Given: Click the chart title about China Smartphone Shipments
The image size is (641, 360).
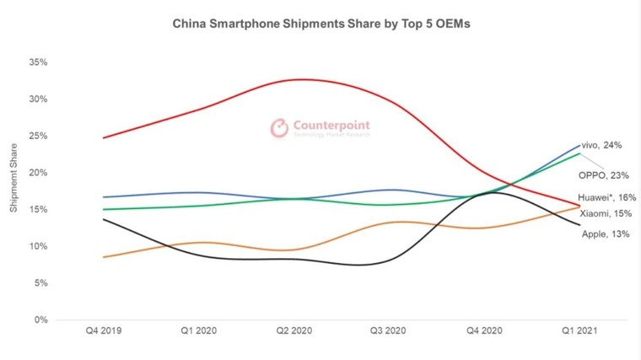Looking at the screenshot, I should coord(321,24).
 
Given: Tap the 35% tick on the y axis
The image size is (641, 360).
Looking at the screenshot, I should coord(36,62).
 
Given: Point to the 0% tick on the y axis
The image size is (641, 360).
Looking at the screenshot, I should coord(40,320).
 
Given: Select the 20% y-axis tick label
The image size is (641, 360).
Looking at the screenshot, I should coord(36,173).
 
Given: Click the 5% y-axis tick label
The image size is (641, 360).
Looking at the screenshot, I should coord(40,283).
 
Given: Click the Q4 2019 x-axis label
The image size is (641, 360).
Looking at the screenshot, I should coord(103,332).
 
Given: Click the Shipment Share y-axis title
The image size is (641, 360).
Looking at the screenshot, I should coord(13,181).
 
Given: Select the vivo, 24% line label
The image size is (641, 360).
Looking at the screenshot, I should coord(602,145).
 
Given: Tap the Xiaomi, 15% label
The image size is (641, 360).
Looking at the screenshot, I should coord(605,213).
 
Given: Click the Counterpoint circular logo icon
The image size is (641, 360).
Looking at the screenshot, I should coord(279,128).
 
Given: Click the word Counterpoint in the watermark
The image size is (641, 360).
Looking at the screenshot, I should coord(331,125).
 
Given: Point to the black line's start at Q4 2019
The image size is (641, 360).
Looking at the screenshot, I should coord(103,219).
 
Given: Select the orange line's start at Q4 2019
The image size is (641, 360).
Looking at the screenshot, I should coord(103,257).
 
